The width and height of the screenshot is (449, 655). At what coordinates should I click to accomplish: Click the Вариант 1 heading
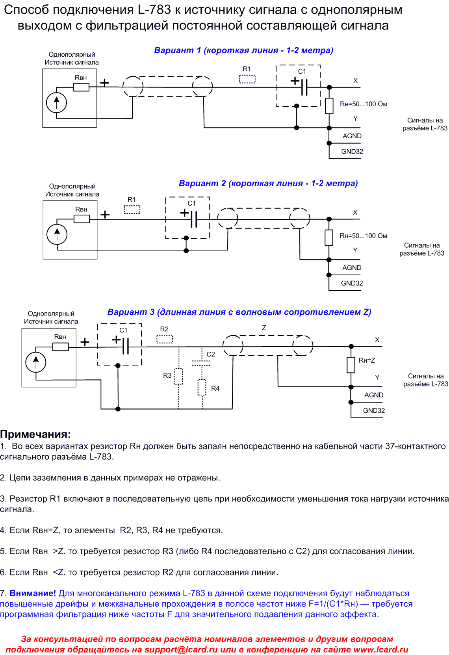(243, 50)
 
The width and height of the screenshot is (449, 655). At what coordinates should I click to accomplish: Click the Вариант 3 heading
(239, 312)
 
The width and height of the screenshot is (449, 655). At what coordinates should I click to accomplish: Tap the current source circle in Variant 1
(56, 103)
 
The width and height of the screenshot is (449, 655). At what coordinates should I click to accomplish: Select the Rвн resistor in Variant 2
(82, 219)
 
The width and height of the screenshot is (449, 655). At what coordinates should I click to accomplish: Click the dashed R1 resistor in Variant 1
(247, 79)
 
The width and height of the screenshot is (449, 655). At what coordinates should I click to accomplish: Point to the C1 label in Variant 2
(191, 203)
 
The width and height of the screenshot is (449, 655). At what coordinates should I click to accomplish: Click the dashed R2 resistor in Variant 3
(165, 339)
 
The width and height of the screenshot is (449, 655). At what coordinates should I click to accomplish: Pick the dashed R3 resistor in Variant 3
(178, 376)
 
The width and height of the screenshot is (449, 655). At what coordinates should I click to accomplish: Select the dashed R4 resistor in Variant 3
(202, 387)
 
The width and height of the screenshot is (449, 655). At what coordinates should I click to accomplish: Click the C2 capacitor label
(211, 354)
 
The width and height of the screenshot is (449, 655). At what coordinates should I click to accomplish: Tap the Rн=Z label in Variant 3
(367, 360)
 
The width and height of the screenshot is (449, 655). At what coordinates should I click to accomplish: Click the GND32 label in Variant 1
(352, 152)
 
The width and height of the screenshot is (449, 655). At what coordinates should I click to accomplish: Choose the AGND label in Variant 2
(352, 267)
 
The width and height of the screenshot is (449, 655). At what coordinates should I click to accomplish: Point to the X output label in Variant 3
(377, 340)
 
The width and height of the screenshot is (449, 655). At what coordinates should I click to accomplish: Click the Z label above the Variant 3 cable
(264, 328)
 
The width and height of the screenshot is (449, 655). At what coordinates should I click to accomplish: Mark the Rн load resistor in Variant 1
(329, 106)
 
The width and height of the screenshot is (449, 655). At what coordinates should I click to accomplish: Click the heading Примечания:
(35, 434)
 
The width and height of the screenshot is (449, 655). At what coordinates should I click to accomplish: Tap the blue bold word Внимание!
(33, 593)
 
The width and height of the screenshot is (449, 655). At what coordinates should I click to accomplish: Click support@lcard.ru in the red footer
(181, 650)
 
